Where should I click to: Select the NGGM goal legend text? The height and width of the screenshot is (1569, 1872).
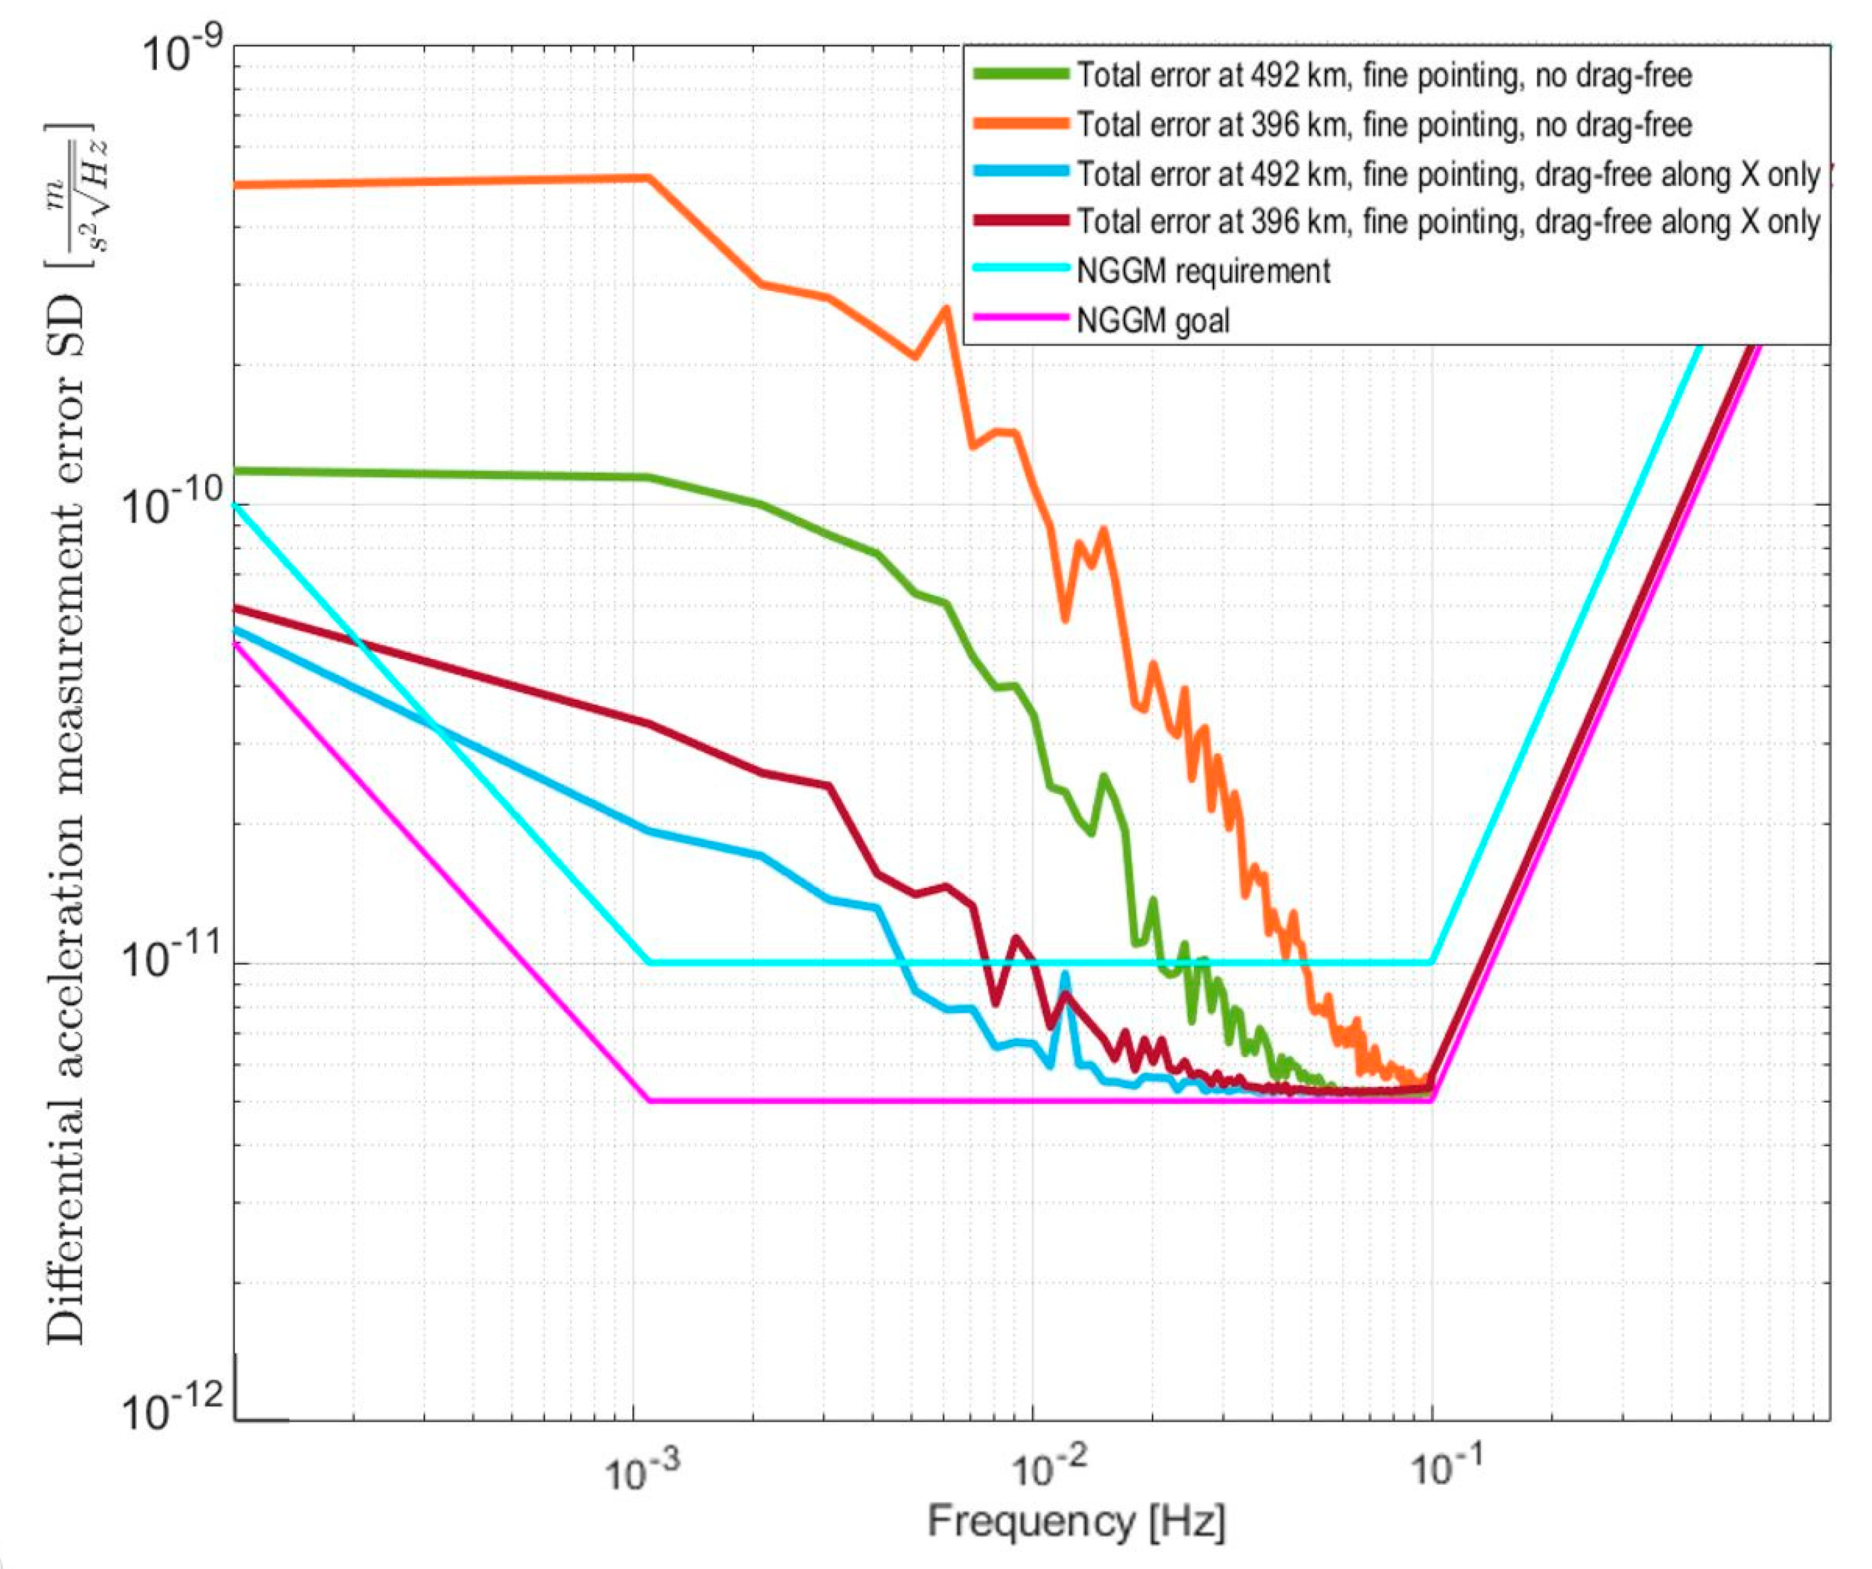(x=1153, y=320)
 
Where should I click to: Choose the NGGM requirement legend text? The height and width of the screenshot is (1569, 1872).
(x=1204, y=271)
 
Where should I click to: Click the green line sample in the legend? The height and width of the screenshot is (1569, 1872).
(x=1021, y=75)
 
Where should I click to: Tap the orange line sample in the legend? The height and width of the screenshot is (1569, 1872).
(x=1021, y=124)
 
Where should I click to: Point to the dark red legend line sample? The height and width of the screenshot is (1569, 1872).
(x=1021, y=221)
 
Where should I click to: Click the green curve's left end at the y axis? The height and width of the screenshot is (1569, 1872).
(x=237, y=470)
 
